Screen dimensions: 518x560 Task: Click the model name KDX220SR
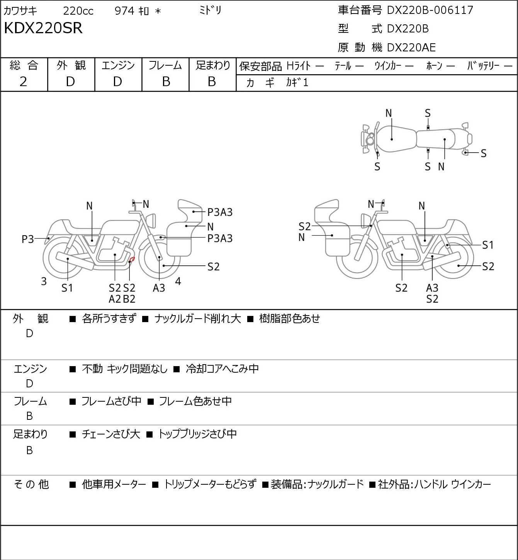pyautogui.click(x=43, y=28)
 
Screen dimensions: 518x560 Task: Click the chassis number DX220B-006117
pyautogui.click(x=430, y=10)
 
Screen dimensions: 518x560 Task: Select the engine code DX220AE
pyautogui.click(x=411, y=48)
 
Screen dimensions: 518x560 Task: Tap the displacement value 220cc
pyautogui.click(x=78, y=11)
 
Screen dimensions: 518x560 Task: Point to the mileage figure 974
pyautogui.click(x=124, y=11)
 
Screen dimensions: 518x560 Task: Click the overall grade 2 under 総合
pyautogui.click(x=24, y=82)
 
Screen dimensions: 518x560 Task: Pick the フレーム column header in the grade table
pyautogui.click(x=165, y=65)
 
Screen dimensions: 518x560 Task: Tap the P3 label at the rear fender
pyautogui.click(x=28, y=239)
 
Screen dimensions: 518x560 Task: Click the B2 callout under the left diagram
pyautogui.click(x=129, y=299)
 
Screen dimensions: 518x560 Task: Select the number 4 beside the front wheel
pyautogui.click(x=178, y=281)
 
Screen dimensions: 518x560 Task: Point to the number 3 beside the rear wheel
pyautogui.click(x=44, y=281)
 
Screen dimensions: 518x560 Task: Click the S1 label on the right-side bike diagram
pyautogui.click(x=488, y=245)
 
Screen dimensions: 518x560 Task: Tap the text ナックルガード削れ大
pyautogui.click(x=197, y=319)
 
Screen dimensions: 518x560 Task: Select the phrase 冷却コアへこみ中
pyautogui.click(x=222, y=368)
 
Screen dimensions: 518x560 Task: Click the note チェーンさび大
pyautogui.click(x=111, y=434)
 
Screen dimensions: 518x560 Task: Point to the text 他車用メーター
pyautogui.click(x=114, y=484)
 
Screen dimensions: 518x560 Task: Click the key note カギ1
pyautogui.click(x=297, y=83)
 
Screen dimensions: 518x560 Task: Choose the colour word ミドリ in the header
pyautogui.click(x=211, y=11)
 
